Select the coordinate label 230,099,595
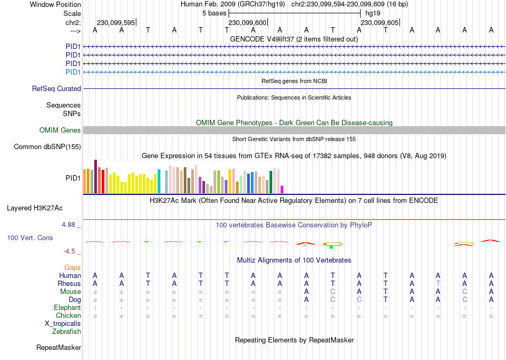point(116,23)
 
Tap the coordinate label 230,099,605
point(379,23)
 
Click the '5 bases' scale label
point(214,13)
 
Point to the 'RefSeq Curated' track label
point(56,89)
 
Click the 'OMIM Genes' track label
point(60,130)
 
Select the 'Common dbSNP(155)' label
point(47,147)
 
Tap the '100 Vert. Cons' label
point(30,238)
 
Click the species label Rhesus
point(69,284)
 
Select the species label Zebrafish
point(67,332)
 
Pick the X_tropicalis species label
point(63,324)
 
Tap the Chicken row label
point(68,316)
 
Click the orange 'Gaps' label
point(72,267)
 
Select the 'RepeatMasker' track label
point(59,348)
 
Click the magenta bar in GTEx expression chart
point(282,190)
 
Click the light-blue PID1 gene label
point(73,72)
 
